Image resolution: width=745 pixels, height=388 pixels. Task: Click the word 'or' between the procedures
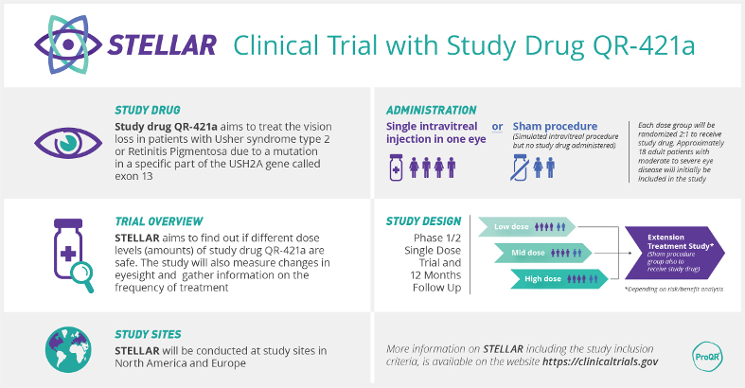tap(497, 126)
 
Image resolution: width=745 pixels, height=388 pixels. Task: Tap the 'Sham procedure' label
tap(555, 126)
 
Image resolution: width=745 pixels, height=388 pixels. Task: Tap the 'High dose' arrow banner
tap(557, 278)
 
